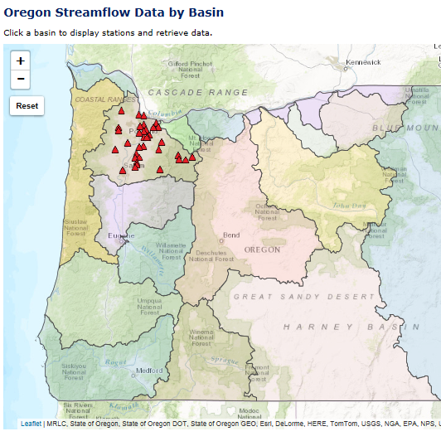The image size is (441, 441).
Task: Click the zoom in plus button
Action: point(21,61)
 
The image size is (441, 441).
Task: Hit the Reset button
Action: point(27,106)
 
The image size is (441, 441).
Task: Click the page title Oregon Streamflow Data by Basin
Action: point(114,12)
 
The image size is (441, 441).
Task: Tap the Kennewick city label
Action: point(363,62)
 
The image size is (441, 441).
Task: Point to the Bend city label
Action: point(231,235)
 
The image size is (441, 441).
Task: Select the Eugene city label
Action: point(121,236)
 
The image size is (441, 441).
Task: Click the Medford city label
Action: point(150,371)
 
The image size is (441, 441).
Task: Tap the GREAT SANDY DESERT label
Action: point(304,296)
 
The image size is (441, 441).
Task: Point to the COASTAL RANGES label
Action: point(93,99)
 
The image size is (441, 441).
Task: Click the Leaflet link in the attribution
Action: point(31,423)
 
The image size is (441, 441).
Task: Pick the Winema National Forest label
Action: point(201,337)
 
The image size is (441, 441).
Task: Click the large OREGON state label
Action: point(262,250)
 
